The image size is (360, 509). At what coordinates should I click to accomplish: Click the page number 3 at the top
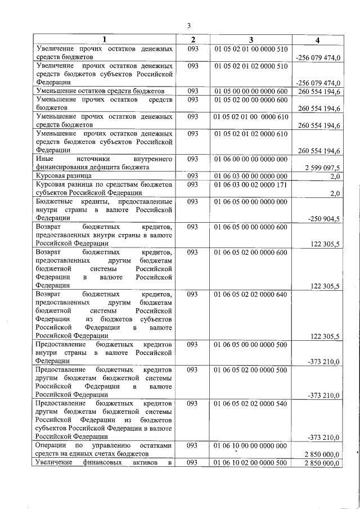tap(189, 25)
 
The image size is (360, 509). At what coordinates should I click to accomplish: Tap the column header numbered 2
tap(193, 39)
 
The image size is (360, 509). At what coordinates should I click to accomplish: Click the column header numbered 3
tap(251, 39)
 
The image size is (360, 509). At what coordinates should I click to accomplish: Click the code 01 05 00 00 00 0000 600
tap(251, 91)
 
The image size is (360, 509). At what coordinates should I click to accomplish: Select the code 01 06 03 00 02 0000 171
tap(251, 184)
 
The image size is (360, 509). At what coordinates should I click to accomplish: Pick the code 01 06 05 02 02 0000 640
tap(251, 294)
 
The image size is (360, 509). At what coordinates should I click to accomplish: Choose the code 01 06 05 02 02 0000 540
tap(251, 403)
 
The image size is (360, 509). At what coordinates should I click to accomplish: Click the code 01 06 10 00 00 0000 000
tap(251, 445)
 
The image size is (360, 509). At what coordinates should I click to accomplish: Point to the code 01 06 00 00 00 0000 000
tap(251, 159)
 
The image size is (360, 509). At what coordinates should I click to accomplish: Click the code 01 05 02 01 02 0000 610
tap(251, 134)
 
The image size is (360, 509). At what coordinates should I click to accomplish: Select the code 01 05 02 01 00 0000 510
tap(251, 49)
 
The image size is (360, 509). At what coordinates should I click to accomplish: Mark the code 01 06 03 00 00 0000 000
tap(251, 176)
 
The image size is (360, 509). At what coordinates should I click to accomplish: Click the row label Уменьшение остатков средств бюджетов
tap(100, 91)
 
